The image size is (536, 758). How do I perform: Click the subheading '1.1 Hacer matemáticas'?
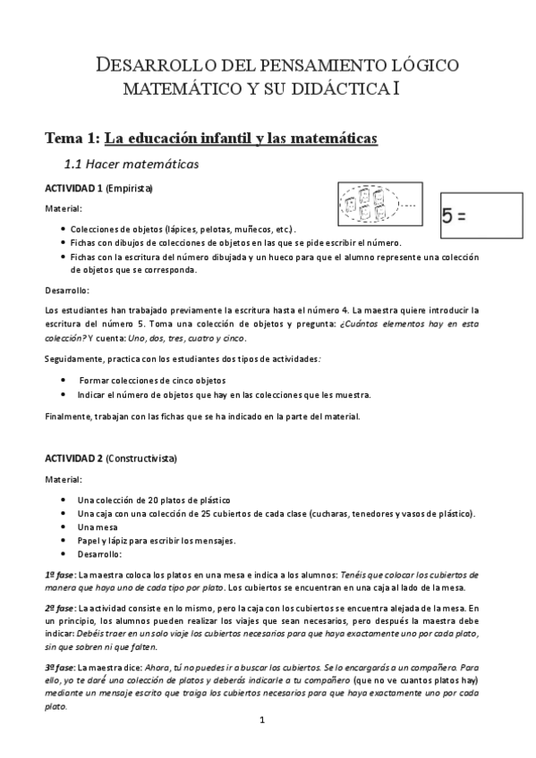[x=130, y=164]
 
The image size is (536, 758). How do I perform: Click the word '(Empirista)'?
[x=129, y=189]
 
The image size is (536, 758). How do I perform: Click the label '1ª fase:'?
[x=60, y=574]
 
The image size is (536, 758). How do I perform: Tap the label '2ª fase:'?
[x=60, y=607]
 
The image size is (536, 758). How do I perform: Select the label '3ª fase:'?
[x=60, y=667]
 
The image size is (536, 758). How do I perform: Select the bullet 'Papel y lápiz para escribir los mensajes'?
[x=156, y=540]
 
